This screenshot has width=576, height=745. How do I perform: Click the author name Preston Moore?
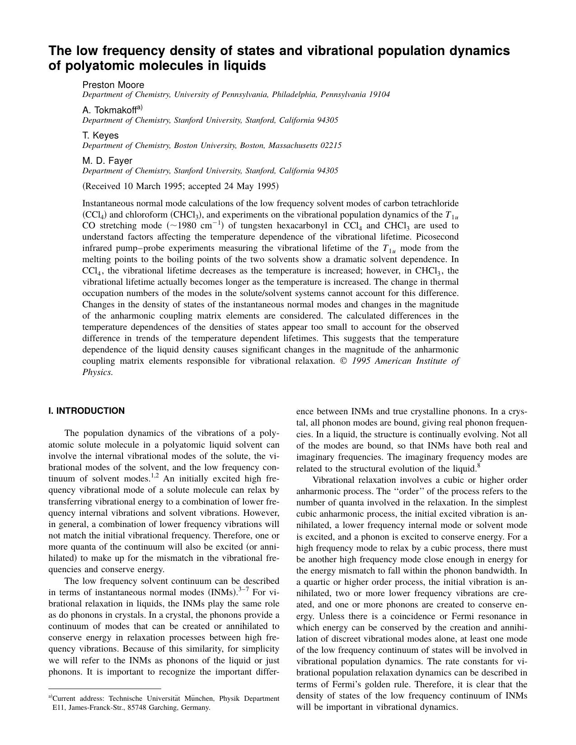click(113, 85)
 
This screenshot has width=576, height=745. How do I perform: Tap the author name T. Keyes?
click(100, 135)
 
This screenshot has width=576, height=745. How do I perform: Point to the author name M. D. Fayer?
click(107, 161)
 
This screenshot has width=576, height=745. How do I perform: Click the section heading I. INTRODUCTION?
click(86, 411)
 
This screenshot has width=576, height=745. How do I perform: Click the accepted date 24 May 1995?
click(254, 186)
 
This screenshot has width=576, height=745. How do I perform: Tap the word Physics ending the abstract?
click(97, 372)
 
